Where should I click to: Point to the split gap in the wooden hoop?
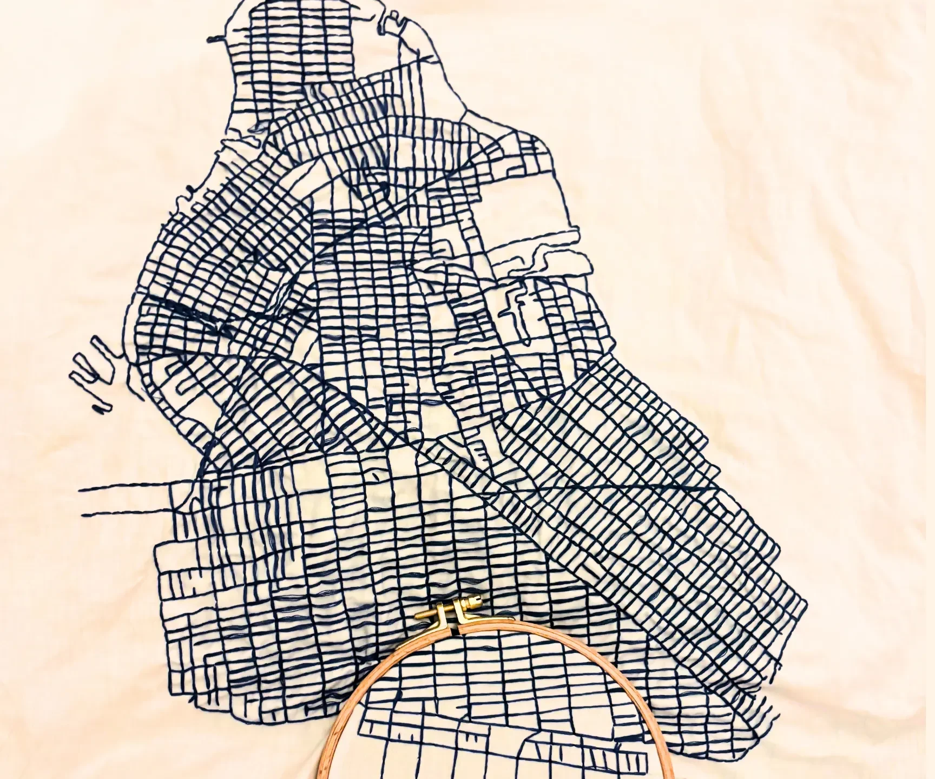tap(453, 630)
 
